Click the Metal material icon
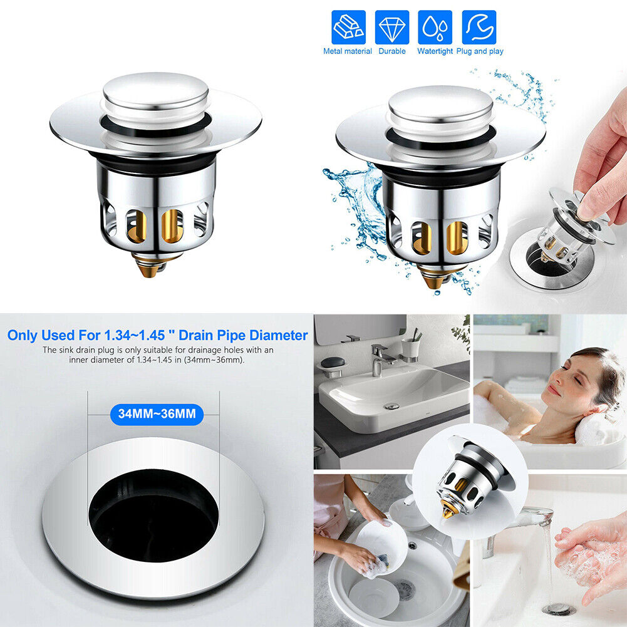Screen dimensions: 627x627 (348, 27)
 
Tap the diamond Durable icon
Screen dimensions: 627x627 (392, 27)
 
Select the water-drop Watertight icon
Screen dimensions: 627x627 (435, 27)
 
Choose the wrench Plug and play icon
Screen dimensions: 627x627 (479, 27)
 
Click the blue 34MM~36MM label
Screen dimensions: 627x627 (157, 414)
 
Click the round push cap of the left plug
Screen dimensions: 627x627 (155, 91)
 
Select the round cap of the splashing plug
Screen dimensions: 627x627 (440, 104)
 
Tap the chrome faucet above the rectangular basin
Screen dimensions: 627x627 (380, 358)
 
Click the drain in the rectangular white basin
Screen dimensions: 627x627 (391, 406)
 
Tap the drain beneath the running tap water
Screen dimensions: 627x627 (558, 609)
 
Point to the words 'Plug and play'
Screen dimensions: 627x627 (480, 51)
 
